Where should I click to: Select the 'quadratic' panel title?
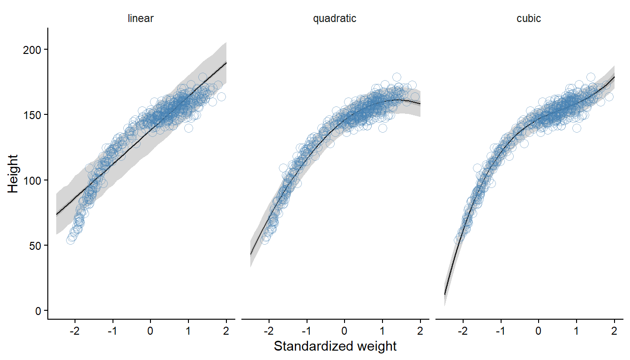coord(335,19)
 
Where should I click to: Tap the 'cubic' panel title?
coord(528,19)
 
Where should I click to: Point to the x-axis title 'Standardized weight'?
coord(335,346)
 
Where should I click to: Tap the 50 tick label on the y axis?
coord(36,245)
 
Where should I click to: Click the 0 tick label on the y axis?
coord(38,310)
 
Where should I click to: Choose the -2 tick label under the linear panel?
coord(74,330)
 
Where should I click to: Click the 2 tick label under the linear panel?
coord(226,330)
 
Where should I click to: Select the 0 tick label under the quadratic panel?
coord(344,330)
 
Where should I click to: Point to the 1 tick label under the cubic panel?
coord(576,330)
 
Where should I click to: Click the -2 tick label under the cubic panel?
coord(462,330)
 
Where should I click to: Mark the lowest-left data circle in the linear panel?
coord(71,240)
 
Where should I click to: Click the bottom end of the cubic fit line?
coord(444,294)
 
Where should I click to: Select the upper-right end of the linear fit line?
coord(226,62)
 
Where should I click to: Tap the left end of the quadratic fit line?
coord(251,254)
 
